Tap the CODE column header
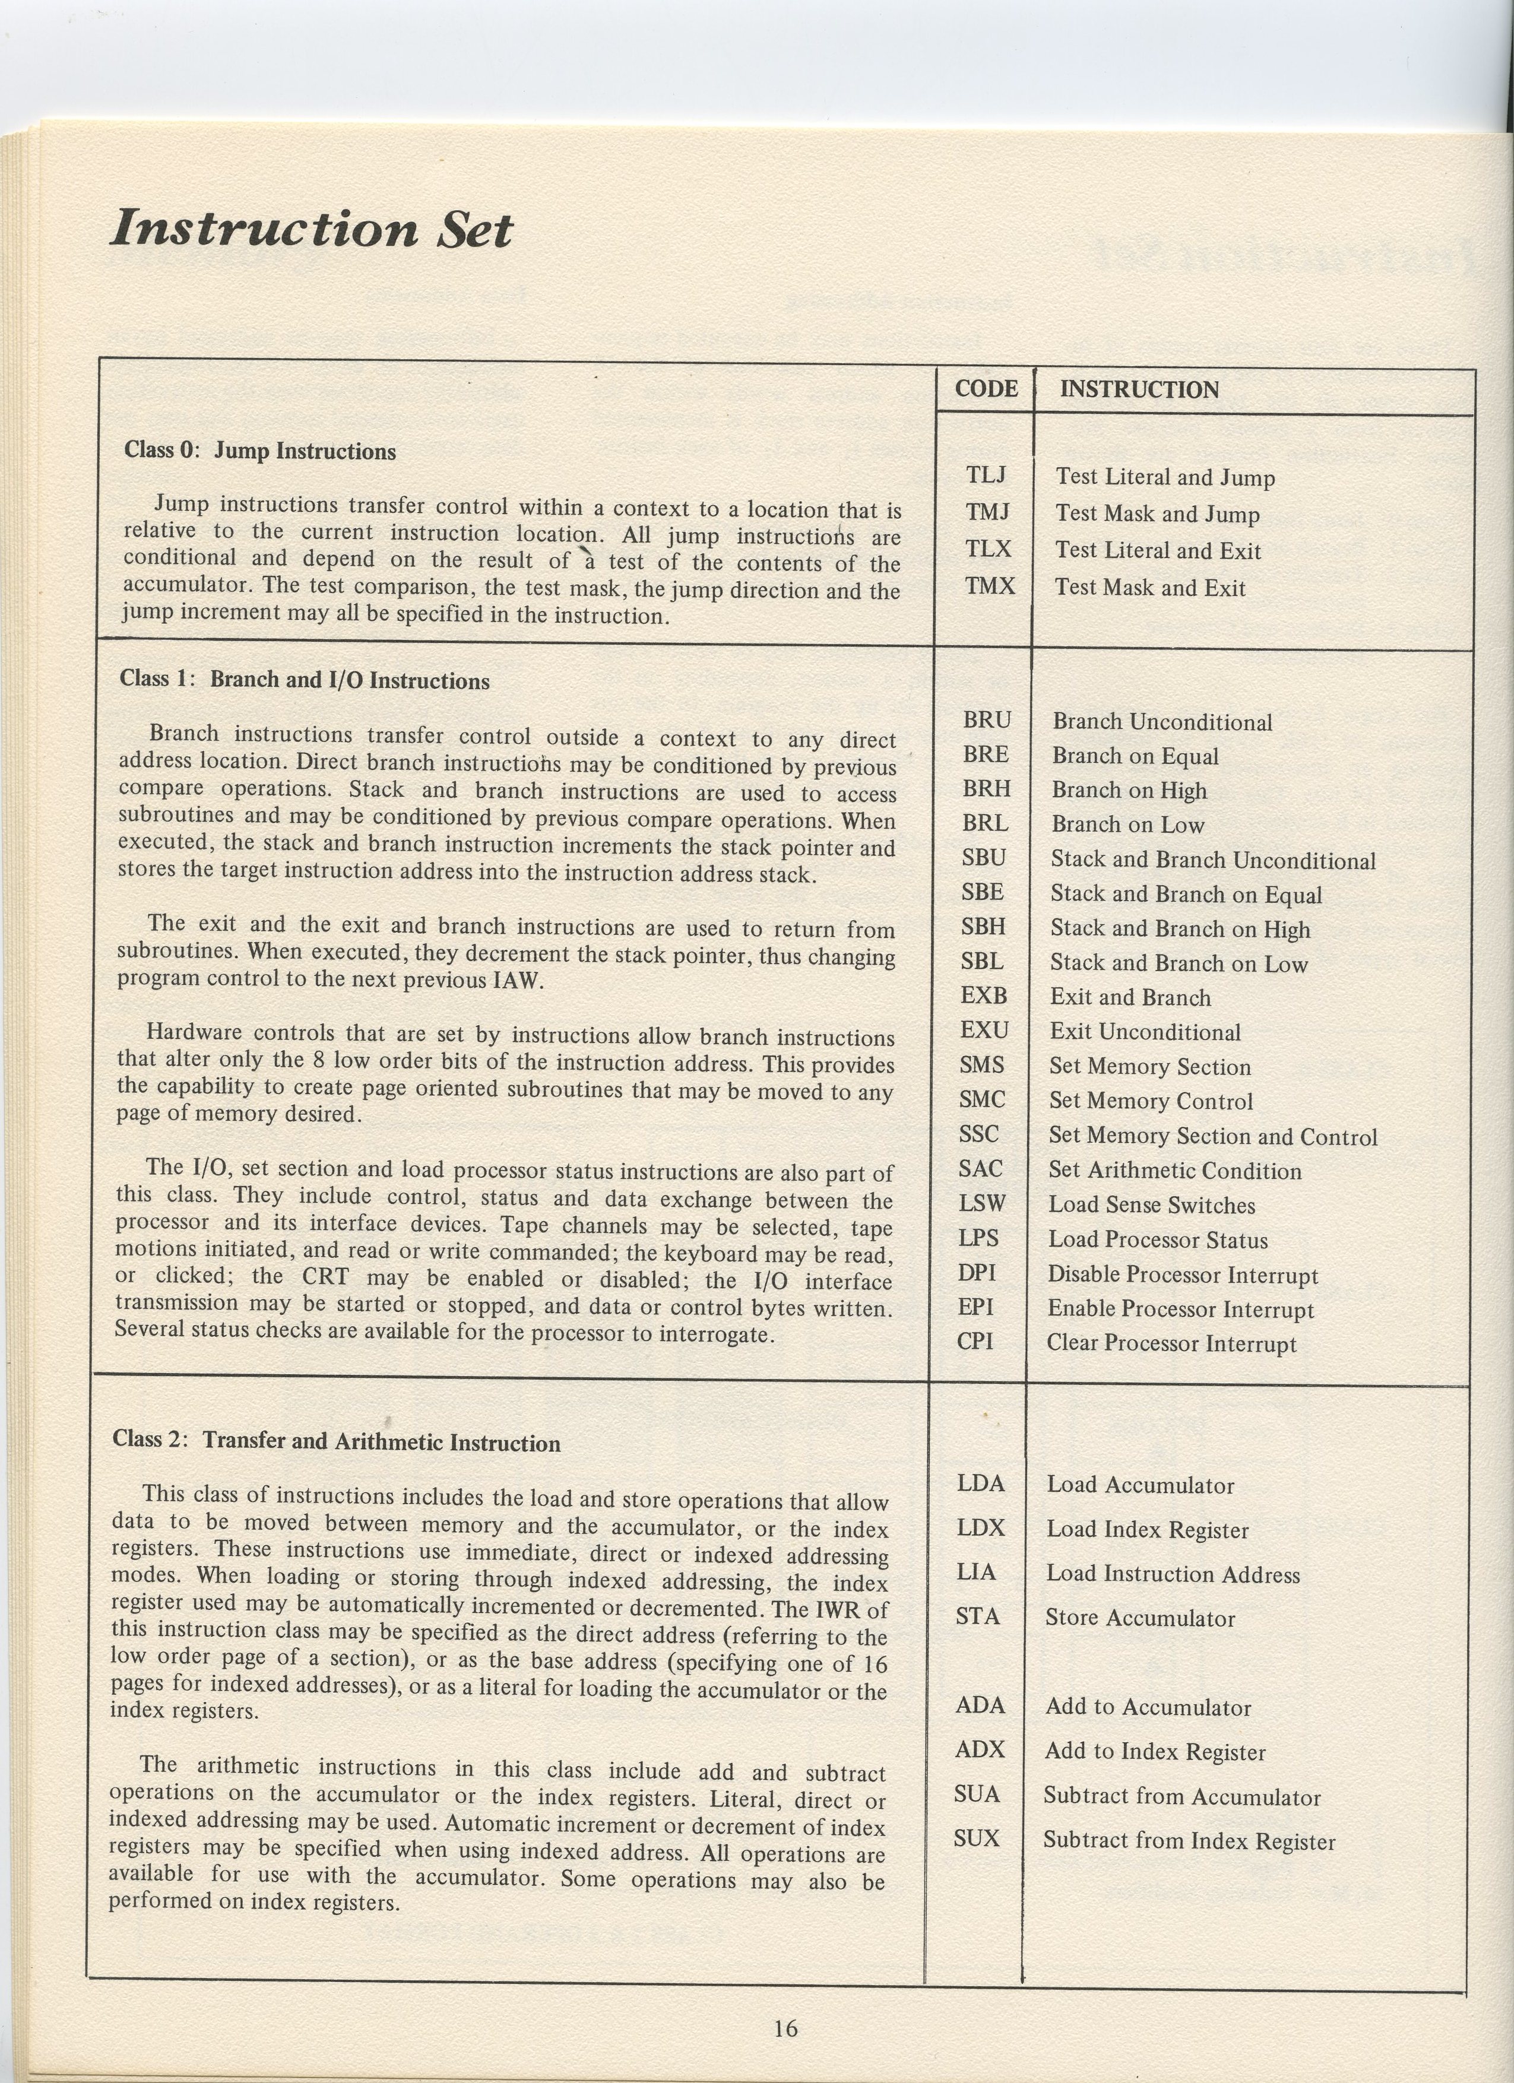click(x=986, y=389)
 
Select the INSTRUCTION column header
click(x=1139, y=391)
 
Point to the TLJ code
click(x=986, y=475)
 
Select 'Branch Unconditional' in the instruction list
click(x=1162, y=723)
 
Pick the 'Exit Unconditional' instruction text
click(x=1145, y=1032)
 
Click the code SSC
click(x=978, y=1134)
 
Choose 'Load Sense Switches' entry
click(x=1151, y=1205)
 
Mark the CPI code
click(x=975, y=1341)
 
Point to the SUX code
click(x=975, y=1838)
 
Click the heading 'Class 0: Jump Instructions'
click(x=260, y=451)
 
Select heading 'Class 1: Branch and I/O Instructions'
click(x=304, y=680)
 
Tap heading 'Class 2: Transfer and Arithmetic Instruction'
click(x=336, y=1441)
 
